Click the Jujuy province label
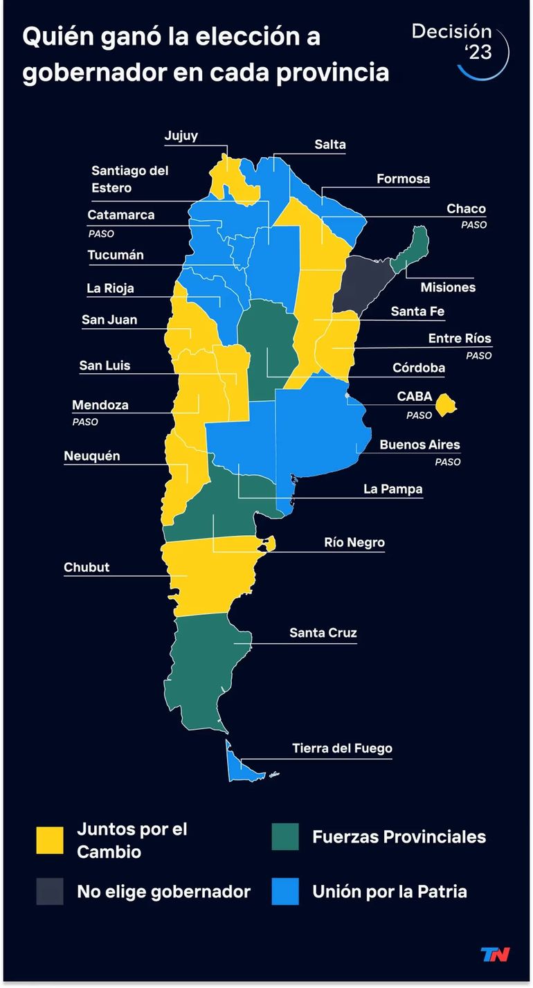pyautogui.click(x=181, y=136)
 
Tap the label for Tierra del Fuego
pyautogui.click(x=342, y=748)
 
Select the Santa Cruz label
pyautogui.click(x=323, y=633)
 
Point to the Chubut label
pyautogui.click(x=87, y=568)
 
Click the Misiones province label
pyautogui.click(x=448, y=287)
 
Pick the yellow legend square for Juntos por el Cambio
pyautogui.click(x=50, y=841)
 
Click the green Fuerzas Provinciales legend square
pyautogui.click(x=285, y=836)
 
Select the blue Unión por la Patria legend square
pyautogui.click(x=285, y=891)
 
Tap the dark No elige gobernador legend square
pyautogui.click(x=50, y=891)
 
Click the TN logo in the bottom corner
pyautogui.click(x=495, y=955)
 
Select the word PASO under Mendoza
pyautogui.click(x=85, y=422)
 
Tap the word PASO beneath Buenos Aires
pyautogui.click(x=447, y=462)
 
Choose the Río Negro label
pyautogui.click(x=354, y=542)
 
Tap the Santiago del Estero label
pyautogui.click(x=129, y=179)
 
